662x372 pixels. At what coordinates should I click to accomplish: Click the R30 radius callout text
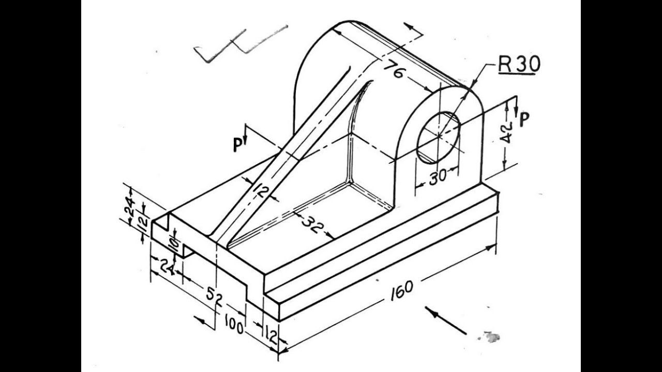point(518,64)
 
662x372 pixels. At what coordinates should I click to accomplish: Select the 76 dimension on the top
point(395,71)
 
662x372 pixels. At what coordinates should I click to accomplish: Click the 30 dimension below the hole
point(438,177)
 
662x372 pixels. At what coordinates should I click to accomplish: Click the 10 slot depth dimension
point(174,247)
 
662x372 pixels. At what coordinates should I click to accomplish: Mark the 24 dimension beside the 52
point(166,267)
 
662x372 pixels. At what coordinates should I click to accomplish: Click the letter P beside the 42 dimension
point(524,119)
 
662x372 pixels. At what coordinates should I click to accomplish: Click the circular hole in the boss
point(438,136)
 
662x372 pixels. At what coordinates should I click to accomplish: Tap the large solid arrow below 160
point(445,320)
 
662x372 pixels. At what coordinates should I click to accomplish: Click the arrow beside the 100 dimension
point(205,322)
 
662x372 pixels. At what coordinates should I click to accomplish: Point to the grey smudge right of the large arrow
point(491,337)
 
